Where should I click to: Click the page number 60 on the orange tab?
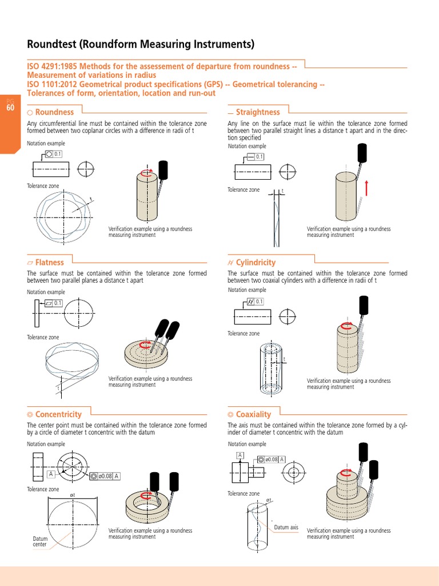pos(10,108)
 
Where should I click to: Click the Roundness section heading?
pos(54,112)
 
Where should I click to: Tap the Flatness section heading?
pos(49,263)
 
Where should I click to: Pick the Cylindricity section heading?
pos(256,263)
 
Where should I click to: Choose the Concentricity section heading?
pos(58,414)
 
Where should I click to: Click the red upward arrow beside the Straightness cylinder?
pos(365,188)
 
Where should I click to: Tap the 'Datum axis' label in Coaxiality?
pos(286,527)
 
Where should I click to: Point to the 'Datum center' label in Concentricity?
pos(40,541)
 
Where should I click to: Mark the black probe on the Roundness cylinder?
pos(163,169)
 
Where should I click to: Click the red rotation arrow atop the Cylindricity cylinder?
pos(346,326)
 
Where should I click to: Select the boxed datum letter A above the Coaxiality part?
pos(240,455)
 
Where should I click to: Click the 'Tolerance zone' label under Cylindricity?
pos(244,334)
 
